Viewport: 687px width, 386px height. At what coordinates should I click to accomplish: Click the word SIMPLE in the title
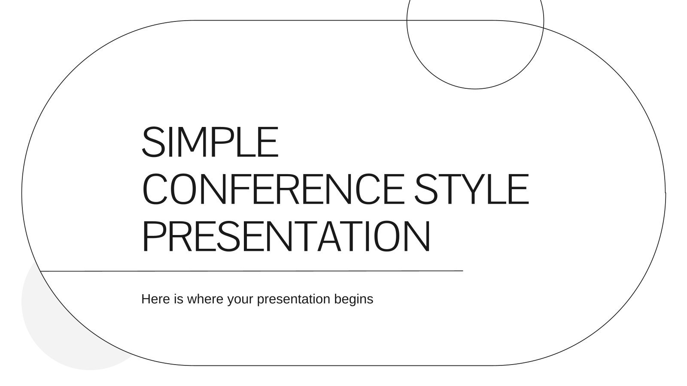[210, 142]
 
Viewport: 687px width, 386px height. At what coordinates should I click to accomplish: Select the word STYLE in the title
[472, 189]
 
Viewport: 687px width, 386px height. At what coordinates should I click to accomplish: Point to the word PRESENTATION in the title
[286, 236]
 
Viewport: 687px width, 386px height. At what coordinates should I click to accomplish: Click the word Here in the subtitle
[155, 299]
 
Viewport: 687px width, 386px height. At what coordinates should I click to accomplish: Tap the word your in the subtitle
[240, 300]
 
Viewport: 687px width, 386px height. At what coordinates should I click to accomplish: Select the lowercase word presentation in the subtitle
[294, 300]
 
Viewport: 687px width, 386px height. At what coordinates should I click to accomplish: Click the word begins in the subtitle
[354, 300]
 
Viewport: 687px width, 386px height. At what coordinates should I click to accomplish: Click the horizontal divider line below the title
[252, 271]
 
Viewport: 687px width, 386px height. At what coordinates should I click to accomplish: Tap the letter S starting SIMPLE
[152, 142]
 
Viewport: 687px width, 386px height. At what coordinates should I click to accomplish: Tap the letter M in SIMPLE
[191, 142]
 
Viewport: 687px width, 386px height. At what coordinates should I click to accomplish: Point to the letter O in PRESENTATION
[388, 236]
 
